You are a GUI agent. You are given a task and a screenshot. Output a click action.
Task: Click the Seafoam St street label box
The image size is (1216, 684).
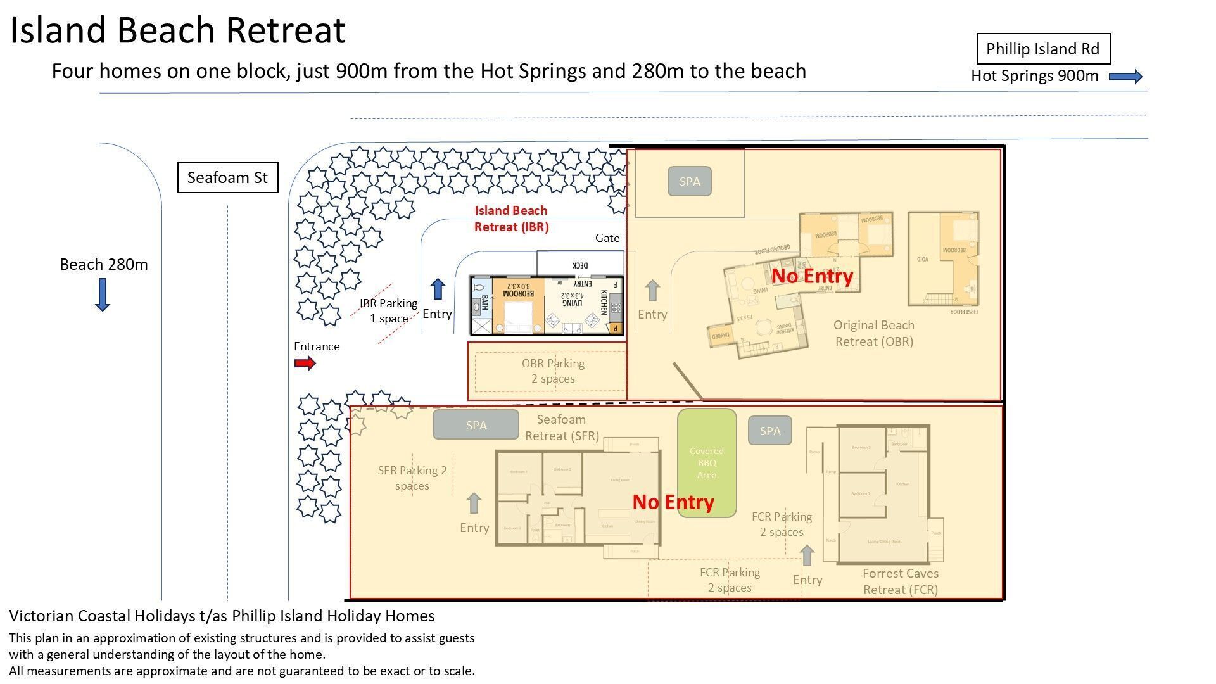[x=227, y=177]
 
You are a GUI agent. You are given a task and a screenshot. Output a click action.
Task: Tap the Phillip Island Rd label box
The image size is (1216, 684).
[x=1043, y=49]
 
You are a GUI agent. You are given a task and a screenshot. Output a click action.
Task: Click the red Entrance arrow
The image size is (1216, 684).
[x=305, y=363]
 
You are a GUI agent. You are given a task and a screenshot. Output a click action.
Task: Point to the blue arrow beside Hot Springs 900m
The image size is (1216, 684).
[x=1125, y=77]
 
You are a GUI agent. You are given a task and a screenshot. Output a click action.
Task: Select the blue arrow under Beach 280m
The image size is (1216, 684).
[x=103, y=294]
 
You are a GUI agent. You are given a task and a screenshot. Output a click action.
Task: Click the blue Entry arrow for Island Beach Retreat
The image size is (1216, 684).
[x=438, y=289]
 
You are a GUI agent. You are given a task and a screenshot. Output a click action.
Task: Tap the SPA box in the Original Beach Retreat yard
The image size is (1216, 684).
[x=689, y=181]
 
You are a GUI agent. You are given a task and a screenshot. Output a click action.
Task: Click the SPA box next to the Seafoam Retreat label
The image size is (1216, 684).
[x=476, y=425]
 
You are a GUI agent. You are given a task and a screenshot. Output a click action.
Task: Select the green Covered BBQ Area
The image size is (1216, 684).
[x=707, y=463]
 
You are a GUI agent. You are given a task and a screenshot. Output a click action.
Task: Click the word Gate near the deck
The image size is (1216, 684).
[x=607, y=238]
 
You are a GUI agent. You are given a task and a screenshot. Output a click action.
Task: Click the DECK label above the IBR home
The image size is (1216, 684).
[x=579, y=265]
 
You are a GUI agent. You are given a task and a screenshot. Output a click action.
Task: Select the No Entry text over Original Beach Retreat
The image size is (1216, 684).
[x=812, y=275]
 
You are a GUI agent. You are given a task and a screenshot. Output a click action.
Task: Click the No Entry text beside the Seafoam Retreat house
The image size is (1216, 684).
[x=673, y=502]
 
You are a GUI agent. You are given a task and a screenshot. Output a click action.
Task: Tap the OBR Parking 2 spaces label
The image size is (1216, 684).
[x=553, y=371]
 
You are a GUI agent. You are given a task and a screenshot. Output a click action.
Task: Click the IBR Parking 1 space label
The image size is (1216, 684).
[x=388, y=310]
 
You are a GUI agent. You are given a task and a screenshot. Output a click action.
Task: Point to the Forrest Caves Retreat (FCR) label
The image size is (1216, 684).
[x=900, y=581]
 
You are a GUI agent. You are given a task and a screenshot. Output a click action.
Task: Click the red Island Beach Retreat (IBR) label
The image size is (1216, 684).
[x=511, y=218]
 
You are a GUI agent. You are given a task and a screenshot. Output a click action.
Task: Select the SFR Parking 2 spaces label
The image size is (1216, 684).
[x=412, y=478]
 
